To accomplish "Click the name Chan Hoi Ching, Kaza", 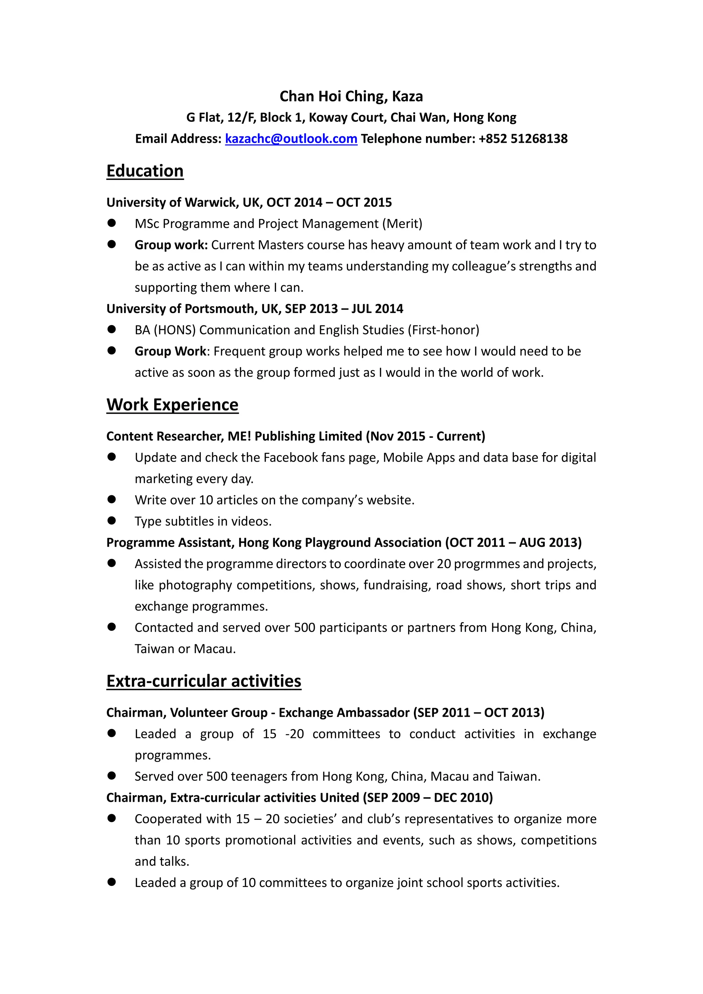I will (x=351, y=96).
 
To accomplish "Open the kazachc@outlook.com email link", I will (x=291, y=139).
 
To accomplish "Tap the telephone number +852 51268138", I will (x=523, y=139).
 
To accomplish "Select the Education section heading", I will (x=145, y=171).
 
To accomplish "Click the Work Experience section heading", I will (x=172, y=405).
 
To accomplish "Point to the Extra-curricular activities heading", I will (x=204, y=681).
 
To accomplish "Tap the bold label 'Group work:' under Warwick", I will (x=171, y=245).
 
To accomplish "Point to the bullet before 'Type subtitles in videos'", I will (x=112, y=521).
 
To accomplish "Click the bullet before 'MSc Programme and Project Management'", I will (x=112, y=223).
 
